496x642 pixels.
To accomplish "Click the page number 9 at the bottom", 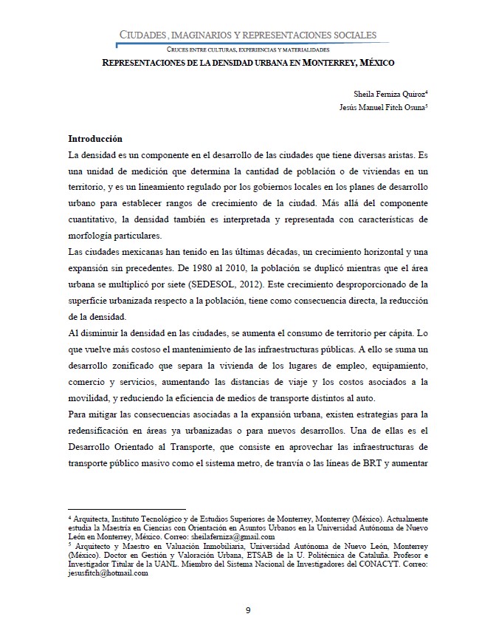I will pyautogui.click(x=248, y=609).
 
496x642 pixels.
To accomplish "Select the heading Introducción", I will pyautogui.click(x=95, y=139).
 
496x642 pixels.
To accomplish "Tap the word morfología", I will pyautogui.click(x=94, y=236).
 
